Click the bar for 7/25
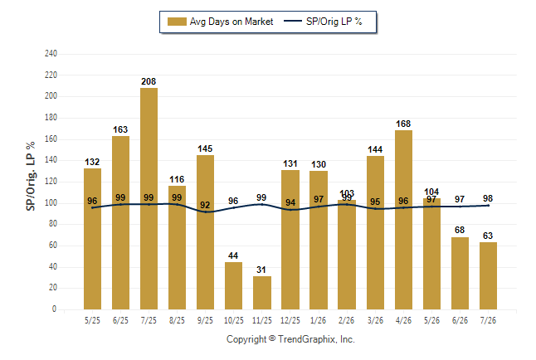tap(149, 198)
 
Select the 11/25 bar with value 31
tap(262, 293)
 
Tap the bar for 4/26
tap(403, 220)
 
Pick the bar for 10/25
tap(233, 286)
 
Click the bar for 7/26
tap(488, 276)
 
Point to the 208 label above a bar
tap(149, 81)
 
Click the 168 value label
tap(403, 124)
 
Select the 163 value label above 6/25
tap(120, 129)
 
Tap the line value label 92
tap(205, 205)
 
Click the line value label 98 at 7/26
tap(488, 198)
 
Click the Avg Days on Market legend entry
tap(220, 22)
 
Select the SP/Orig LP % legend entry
tap(323, 22)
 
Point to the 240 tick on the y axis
tap(51, 54)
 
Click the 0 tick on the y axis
tap(54, 309)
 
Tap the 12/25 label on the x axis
tap(290, 320)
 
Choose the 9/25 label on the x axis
tap(205, 320)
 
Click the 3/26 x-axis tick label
tap(375, 320)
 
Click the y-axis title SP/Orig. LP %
tap(31, 176)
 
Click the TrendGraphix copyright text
tap(290, 339)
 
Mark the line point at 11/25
tap(262, 204)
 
